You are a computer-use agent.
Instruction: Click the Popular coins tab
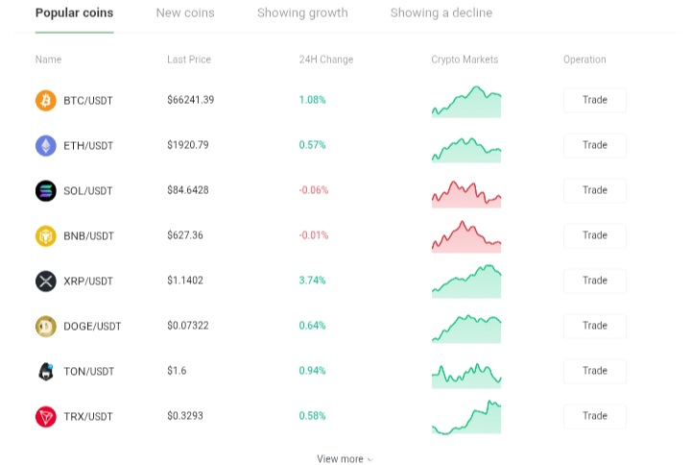click(x=74, y=12)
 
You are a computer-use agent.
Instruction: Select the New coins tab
click(x=185, y=12)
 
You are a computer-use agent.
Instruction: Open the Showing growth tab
click(x=302, y=13)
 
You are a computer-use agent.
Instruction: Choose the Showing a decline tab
click(x=441, y=13)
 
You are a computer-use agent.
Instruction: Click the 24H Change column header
click(x=326, y=60)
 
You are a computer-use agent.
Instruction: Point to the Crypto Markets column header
click(x=465, y=60)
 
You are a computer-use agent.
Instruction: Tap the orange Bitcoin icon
click(x=46, y=100)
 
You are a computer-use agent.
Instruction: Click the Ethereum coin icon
click(x=46, y=146)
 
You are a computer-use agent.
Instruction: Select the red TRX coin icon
click(x=46, y=416)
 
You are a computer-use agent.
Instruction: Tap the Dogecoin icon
click(x=46, y=326)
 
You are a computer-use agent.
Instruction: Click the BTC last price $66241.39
click(x=190, y=100)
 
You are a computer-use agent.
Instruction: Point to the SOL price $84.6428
click(x=188, y=190)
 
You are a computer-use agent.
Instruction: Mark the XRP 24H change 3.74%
click(x=312, y=281)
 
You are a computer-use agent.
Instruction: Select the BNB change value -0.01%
click(x=313, y=235)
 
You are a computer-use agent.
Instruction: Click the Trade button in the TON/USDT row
click(x=594, y=371)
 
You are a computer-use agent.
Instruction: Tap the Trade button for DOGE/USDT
click(x=594, y=326)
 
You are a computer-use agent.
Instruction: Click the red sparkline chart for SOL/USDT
click(x=466, y=194)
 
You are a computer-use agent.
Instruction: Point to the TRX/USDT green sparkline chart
click(x=466, y=417)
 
